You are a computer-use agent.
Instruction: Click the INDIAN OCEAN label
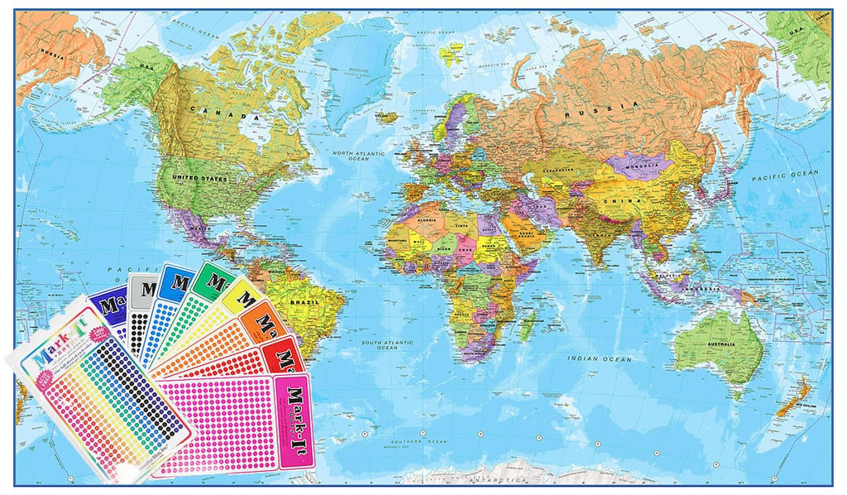pyautogui.click(x=600, y=359)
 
